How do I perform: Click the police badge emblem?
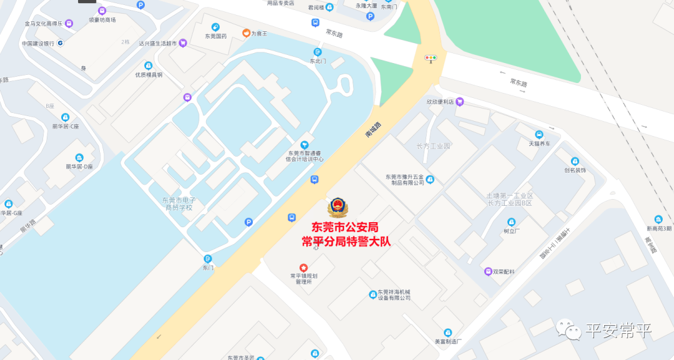tap(338, 208)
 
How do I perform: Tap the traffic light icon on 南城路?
tap(431, 58)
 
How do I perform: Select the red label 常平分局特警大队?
tap(346, 241)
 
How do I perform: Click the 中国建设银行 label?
tap(39, 44)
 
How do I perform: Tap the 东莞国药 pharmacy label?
tap(216, 36)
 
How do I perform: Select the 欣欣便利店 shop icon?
tap(460, 102)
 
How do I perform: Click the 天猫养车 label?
tap(540, 144)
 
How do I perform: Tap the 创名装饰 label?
tap(575, 170)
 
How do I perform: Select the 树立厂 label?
tap(511, 230)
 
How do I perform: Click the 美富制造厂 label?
tap(447, 341)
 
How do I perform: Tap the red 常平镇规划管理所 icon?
tap(304, 267)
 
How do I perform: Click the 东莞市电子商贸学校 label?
tap(179, 204)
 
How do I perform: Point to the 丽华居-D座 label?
tap(79, 167)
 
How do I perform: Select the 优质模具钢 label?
tap(149, 75)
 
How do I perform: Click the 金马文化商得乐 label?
tap(44, 24)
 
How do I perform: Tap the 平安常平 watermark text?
tap(618, 331)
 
